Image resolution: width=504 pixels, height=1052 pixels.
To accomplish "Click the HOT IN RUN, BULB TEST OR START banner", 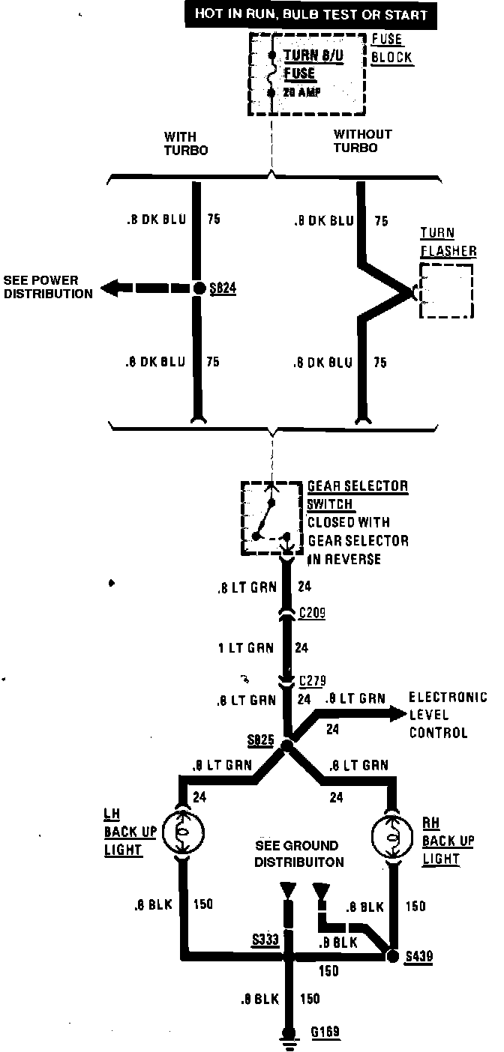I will [x=310, y=14].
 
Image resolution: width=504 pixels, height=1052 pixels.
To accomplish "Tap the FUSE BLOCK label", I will [x=391, y=49].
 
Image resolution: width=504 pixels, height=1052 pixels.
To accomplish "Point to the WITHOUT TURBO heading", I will [x=363, y=140].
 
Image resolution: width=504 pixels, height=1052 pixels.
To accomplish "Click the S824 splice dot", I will [x=198, y=288].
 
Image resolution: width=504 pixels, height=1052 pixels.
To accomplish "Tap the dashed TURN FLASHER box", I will [x=446, y=291].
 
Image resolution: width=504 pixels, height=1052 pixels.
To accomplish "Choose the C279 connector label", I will [x=312, y=681].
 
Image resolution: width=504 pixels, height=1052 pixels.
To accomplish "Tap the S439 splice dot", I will [x=391, y=956].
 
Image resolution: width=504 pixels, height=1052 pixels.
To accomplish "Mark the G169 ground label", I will [x=325, y=1032].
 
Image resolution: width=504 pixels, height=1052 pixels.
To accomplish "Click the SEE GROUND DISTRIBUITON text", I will [x=298, y=853].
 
